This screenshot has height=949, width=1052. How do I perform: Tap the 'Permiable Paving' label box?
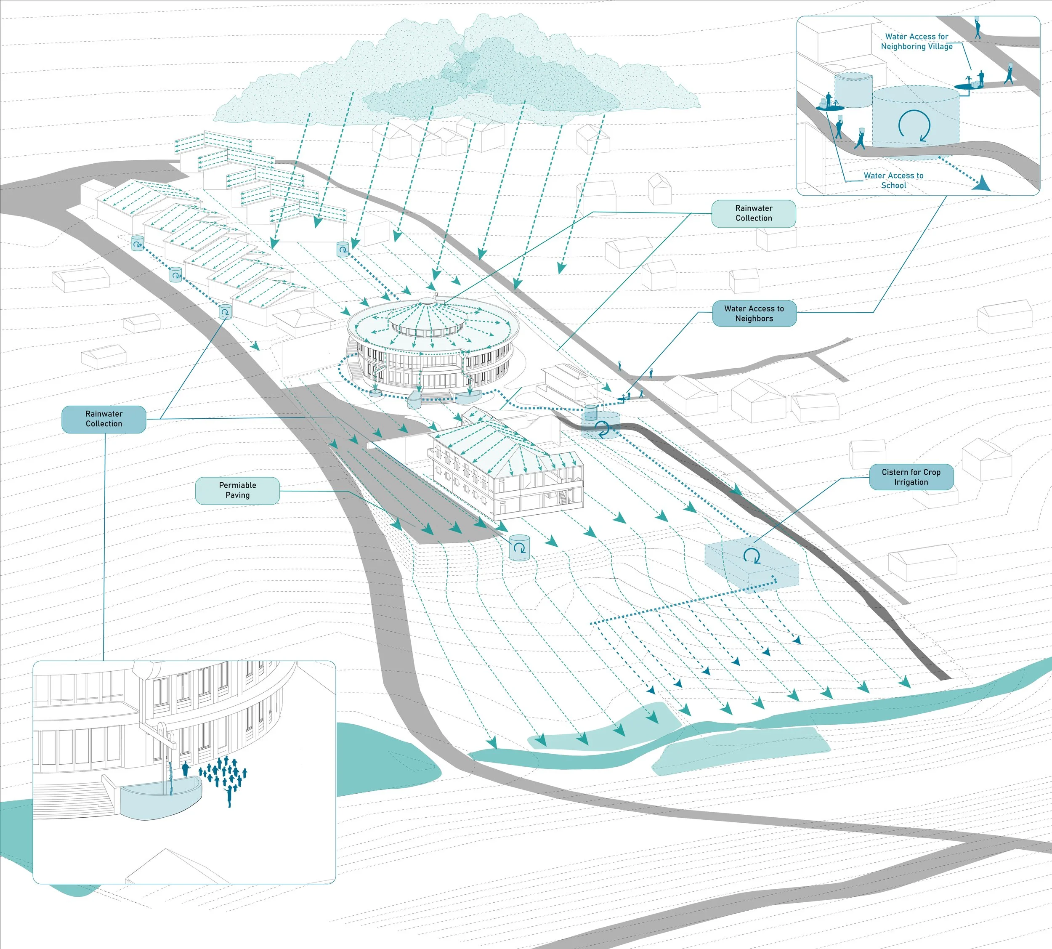(237, 490)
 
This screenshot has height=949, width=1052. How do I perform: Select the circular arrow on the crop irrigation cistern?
(751, 556)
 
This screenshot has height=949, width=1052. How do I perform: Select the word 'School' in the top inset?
(893, 186)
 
